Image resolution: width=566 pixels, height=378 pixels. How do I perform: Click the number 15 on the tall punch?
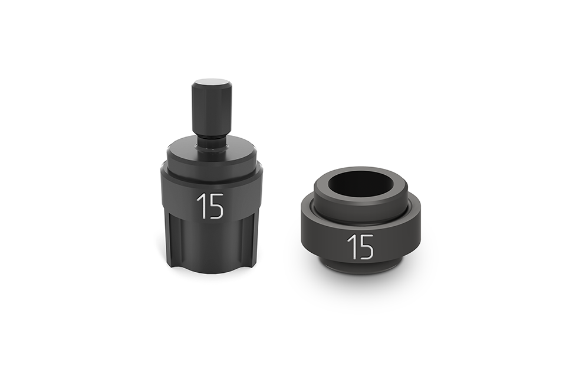click(210, 206)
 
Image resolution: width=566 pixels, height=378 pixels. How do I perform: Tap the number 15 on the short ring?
click(360, 247)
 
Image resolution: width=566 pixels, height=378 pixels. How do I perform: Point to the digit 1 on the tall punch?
click(200, 206)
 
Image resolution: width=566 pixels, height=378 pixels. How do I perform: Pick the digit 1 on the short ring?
click(351, 247)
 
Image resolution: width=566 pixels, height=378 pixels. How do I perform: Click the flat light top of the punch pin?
click(212, 83)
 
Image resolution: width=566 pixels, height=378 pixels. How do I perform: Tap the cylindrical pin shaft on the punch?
click(212, 106)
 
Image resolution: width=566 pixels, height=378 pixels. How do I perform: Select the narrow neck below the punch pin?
click(212, 142)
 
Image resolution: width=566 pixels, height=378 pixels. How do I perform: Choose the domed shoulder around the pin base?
click(212, 155)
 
